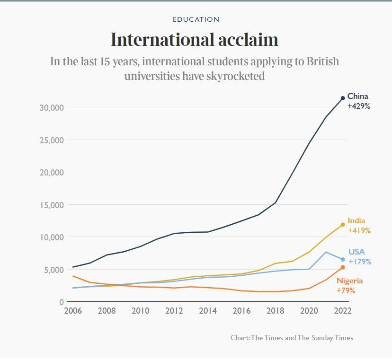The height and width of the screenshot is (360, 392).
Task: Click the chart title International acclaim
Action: coord(194,40)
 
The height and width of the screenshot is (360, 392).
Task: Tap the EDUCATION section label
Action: coord(196,19)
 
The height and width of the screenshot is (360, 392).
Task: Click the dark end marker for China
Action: coord(343,98)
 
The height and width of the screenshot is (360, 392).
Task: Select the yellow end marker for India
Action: coord(343,225)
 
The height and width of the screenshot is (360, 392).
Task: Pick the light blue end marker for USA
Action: coord(343,259)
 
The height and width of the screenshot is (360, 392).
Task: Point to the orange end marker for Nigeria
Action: coord(343,268)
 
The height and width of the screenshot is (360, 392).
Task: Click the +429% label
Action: coord(358,106)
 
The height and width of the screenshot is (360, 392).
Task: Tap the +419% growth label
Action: coord(358,231)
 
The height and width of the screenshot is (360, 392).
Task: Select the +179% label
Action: coord(360,262)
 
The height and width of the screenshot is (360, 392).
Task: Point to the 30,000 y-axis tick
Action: coord(50,107)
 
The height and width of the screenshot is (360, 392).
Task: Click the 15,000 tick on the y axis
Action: coord(50,205)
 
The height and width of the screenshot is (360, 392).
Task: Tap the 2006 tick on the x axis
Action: coord(72,311)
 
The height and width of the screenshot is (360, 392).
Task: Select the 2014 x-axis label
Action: coord(208,311)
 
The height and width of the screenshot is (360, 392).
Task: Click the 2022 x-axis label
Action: coord(343,311)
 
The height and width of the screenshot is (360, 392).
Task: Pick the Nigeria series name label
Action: coord(349,281)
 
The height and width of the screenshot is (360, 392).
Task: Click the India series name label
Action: coord(356,221)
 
